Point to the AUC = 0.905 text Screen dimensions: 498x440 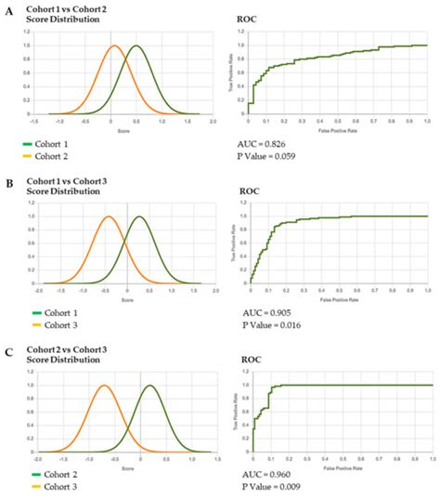[x=268, y=313]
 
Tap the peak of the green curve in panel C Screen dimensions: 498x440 [x=149, y=385]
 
